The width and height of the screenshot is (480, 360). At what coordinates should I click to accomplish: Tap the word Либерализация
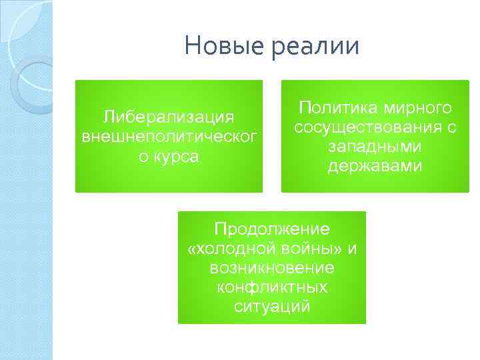168,117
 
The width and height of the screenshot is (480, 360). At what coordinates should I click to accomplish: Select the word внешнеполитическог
168,137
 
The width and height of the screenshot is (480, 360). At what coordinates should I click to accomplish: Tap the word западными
374,147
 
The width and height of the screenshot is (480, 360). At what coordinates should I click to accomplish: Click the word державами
374,167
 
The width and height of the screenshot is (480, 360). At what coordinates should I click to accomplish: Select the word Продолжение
272,229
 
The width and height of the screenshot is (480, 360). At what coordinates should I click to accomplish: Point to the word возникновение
272,268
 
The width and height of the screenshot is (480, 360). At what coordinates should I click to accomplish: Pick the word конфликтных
272,287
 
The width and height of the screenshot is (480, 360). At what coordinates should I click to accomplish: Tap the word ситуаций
272,307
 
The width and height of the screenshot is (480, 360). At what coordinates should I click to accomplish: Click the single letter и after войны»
353,249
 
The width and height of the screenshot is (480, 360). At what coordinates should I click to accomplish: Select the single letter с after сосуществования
451,128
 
